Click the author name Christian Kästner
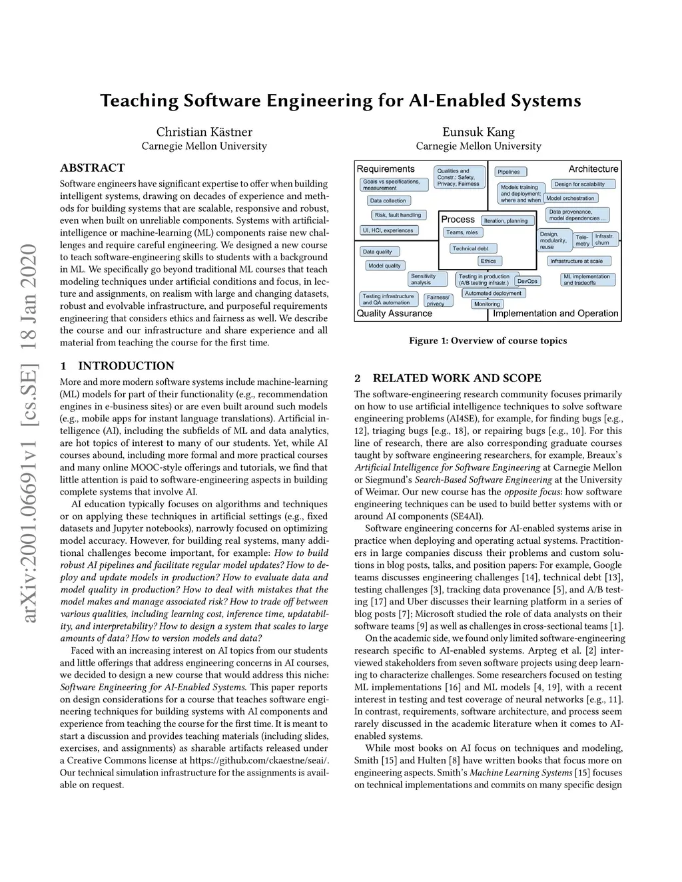tap(204, 132)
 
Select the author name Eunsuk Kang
tap(478, 132)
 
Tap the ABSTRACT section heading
tap(92, 168)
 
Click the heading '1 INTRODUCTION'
tap(117, 365)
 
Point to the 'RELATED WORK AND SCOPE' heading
tap(448, 378)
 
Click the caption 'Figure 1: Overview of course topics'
tap(488, 341)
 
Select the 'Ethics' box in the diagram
tap(488, 261)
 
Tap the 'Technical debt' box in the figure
tap(470, 248)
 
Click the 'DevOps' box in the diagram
tap(527, 282)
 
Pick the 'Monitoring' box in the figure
tap(486, 304)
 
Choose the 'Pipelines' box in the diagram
tap(509, 172)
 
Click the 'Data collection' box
tap(388, 200)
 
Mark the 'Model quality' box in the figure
tap(384, 266)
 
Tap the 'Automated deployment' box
tap(493, 293)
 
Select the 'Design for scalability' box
tap(579, 184)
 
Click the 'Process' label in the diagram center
tap(458, 220)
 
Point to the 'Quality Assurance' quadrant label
tap(394, 314)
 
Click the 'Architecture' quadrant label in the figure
tap(593, 169)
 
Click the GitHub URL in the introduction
tap(259, 760)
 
